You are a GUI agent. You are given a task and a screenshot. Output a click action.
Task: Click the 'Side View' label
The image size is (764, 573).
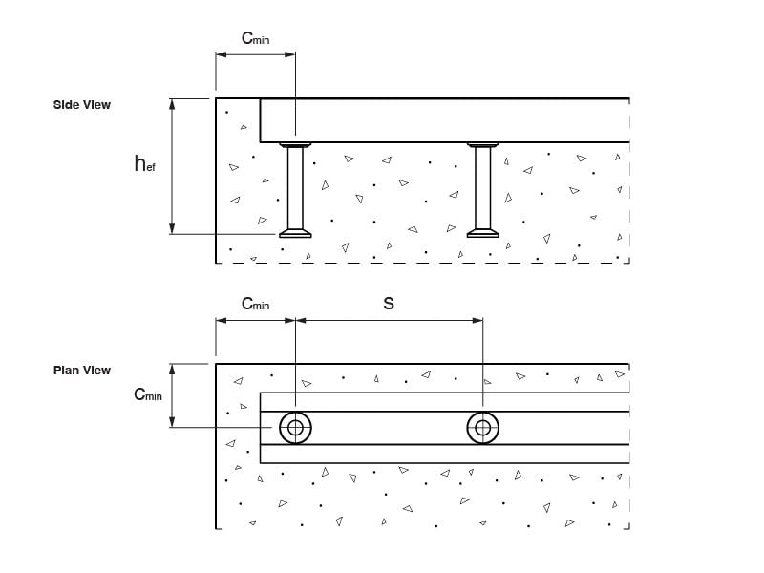82,104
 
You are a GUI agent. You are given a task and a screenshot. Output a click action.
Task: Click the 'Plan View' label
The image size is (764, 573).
82,370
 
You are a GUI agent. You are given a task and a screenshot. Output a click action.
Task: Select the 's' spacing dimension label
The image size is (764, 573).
388,303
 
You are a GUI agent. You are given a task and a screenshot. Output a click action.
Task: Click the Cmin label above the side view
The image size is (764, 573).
255,39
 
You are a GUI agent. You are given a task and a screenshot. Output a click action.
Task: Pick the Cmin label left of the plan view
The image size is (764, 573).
148,394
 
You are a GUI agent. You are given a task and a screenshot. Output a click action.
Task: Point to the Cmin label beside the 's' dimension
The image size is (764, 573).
255,304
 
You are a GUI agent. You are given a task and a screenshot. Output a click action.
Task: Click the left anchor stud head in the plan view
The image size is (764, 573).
295,428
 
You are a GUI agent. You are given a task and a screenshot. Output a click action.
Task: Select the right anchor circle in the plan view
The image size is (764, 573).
482,428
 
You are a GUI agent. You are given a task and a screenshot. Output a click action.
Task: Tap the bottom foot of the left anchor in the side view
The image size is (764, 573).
295,232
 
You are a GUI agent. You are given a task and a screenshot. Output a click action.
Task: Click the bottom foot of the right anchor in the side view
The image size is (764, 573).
482,232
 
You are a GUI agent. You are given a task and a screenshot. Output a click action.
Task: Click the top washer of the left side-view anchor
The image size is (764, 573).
295,145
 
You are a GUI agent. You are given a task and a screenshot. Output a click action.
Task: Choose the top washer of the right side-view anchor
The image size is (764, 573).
482,145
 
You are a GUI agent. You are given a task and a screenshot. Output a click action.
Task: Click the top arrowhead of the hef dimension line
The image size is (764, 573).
173,103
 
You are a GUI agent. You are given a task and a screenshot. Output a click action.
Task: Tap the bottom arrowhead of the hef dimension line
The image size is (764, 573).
173,228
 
